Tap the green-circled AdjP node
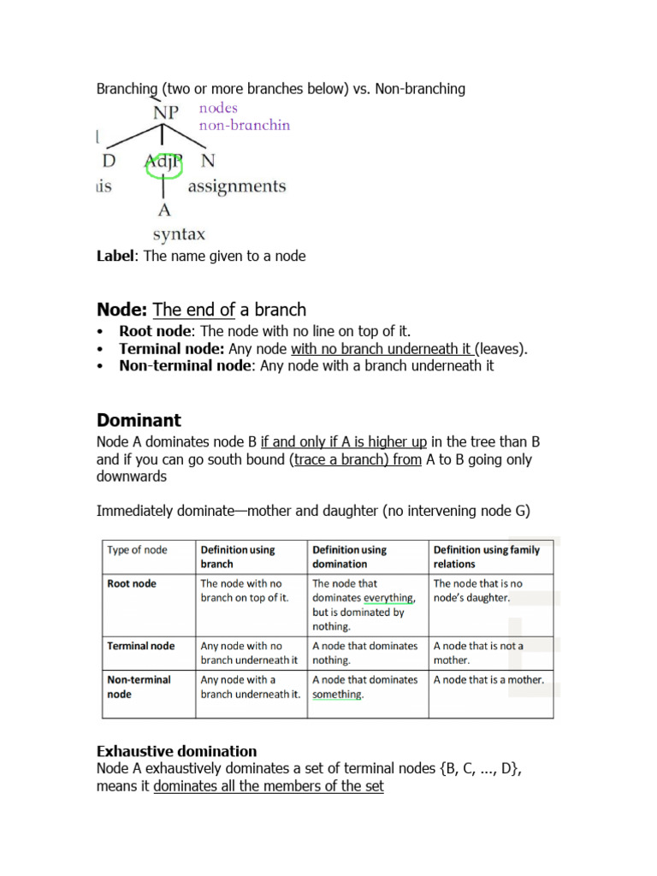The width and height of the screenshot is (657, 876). click(164, 160)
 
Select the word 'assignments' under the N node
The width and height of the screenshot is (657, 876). click(237, 186)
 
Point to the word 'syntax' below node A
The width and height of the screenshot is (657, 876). click(179, 234)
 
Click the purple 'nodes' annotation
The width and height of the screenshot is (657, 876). click(218, 108)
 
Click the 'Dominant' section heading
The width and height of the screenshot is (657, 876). click(139, 420)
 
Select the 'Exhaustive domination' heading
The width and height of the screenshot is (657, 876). click(176, 752)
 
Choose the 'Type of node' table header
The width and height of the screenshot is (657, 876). click(138, 550)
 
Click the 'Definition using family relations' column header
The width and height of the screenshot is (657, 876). click(487, 557)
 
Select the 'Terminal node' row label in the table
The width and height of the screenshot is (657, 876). click(140, 646)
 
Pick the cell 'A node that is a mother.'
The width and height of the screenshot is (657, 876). click(488, 680)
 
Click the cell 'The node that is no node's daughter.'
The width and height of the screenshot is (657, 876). click(478, 590)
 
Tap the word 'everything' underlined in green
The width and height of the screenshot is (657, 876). click(388, 598)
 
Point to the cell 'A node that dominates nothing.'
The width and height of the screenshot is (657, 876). click(365, 653)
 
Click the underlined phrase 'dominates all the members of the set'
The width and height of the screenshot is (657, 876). click(269, 786)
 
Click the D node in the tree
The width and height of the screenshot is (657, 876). click(108, 160)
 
